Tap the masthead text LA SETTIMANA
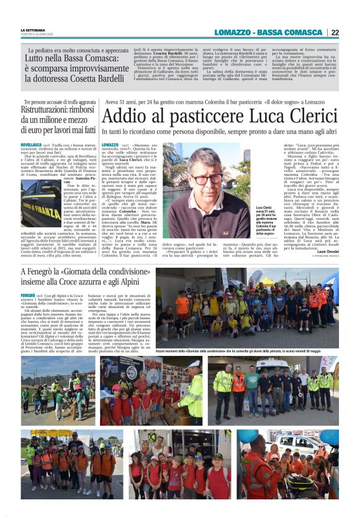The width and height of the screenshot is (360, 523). pyautogui.click(x=32, y=30)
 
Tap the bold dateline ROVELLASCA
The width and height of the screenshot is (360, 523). pyautogui.click(x=32, y=144)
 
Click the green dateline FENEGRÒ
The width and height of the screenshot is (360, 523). pyautogui.click(x=28, y=295)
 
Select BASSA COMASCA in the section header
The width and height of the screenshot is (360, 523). pyautogui.click(x=295, y=32)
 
